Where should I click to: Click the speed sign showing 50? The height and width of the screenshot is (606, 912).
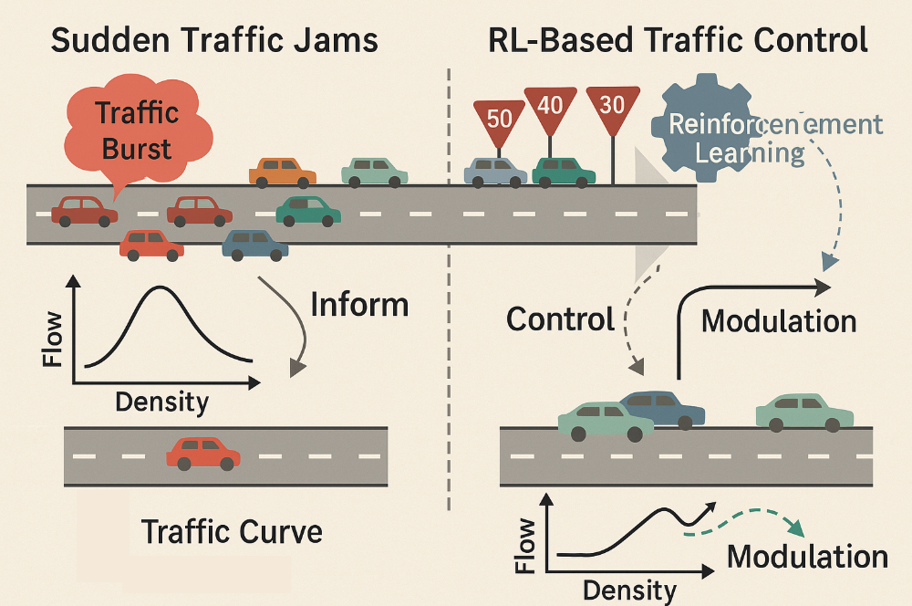500,117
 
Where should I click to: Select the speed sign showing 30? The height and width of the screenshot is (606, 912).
612,104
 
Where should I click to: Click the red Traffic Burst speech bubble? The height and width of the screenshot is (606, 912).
136,131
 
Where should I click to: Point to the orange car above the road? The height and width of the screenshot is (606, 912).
282,172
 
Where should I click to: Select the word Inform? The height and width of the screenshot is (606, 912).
358,304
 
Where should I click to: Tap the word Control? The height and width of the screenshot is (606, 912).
560,319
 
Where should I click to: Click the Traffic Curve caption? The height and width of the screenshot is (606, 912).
232,530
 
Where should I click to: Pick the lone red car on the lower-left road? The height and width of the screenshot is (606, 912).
203,453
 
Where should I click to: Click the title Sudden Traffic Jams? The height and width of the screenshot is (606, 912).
214,41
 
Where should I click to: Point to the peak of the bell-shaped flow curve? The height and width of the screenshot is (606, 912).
161,288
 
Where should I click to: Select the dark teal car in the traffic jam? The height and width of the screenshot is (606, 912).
307,211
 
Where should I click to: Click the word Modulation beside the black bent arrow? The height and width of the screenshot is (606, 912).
778,320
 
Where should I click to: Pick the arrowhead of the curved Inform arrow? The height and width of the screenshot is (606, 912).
296,367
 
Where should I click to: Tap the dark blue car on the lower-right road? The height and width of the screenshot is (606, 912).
664,409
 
